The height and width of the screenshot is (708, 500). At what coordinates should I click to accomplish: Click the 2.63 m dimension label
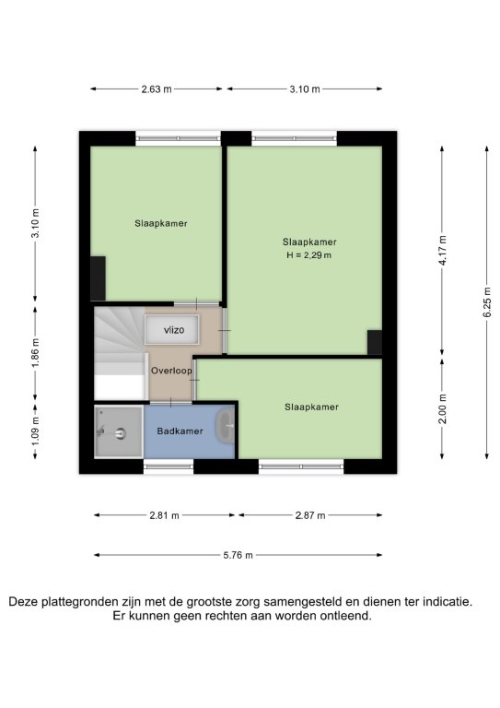pyautogui.click(x=157, y=88)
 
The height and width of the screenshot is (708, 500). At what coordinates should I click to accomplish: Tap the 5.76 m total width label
pyautogui.click(x=238, y=555)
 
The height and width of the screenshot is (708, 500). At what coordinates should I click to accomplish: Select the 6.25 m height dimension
pyautogui.click(x=487, y=302)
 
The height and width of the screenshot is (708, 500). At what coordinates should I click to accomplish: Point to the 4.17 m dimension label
pyautogui.click(x=442, y=250)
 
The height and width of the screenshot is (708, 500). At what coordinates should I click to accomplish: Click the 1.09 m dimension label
pyautogui.click(x=36, y=431)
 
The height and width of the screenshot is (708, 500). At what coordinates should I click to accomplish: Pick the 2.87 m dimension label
pyautogui.click(x=310, y=515)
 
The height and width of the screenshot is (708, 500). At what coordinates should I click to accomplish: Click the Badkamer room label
pyautogui.click(x=180, y=431)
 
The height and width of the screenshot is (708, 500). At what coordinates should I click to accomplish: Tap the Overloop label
pyautogui.click(x=171, y=371)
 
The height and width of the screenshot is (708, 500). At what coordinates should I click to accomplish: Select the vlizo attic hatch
pyautogui.click(x=171, y=330)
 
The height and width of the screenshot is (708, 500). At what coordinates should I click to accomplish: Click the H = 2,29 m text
pyautogui.click(x=309, y=255)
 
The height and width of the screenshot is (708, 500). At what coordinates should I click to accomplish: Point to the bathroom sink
pyautogui.click(x=225, y=426)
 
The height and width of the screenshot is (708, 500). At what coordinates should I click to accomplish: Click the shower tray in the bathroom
pyautogui.click(x=119, y=432)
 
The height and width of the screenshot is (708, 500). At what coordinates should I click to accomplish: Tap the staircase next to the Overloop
pyautogui.click(x=121, y=353)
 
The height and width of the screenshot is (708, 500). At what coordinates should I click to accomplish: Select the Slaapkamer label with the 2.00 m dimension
pyautogui.click(x=311, y=407)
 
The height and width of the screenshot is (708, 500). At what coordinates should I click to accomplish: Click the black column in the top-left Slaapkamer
pyautogui.click(x=98, y=278)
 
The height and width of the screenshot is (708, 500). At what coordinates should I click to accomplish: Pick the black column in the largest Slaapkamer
pyautogui.click(x=374, y=342)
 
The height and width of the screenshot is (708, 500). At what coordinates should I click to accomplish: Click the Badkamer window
pyautogui.click(x=169, y=466)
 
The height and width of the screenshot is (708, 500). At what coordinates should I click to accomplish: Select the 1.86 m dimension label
pyautogui.click(x=36, y=352)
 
